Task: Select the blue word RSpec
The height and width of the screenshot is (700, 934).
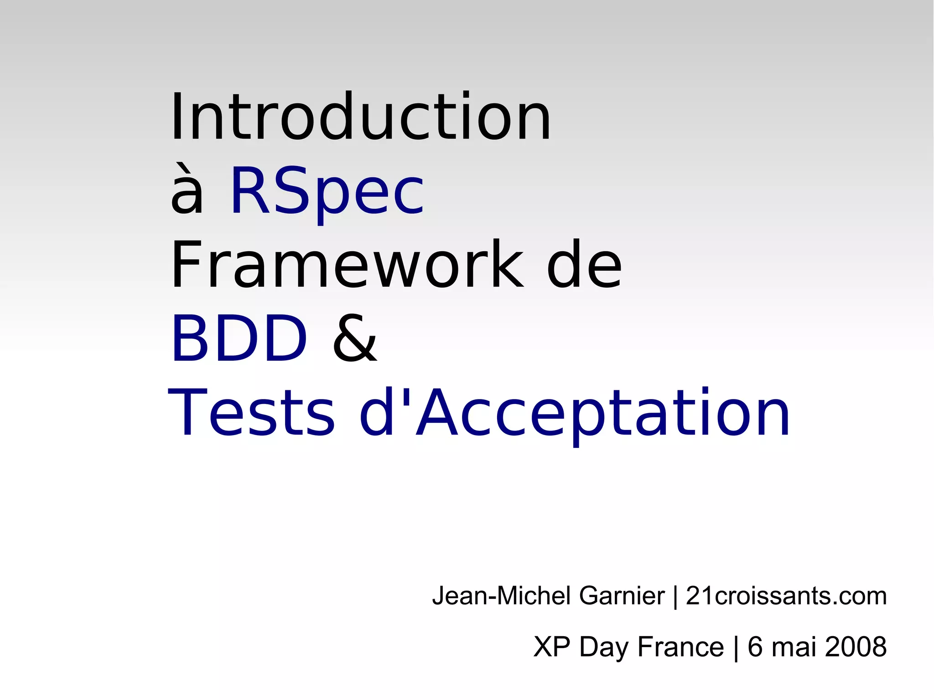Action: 327,192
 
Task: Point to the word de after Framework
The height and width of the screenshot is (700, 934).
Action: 584,265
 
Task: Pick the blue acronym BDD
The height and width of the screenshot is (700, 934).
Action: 239,338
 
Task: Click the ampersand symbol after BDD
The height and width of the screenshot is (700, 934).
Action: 355,338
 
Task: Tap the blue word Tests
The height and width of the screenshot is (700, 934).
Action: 252,412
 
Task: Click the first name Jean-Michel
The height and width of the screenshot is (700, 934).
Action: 502,596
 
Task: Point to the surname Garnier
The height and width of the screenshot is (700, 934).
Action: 622,596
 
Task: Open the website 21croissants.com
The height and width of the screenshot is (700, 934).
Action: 786,596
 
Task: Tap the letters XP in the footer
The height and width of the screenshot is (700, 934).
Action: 552,647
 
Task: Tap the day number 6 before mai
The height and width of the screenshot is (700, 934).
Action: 755,647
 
